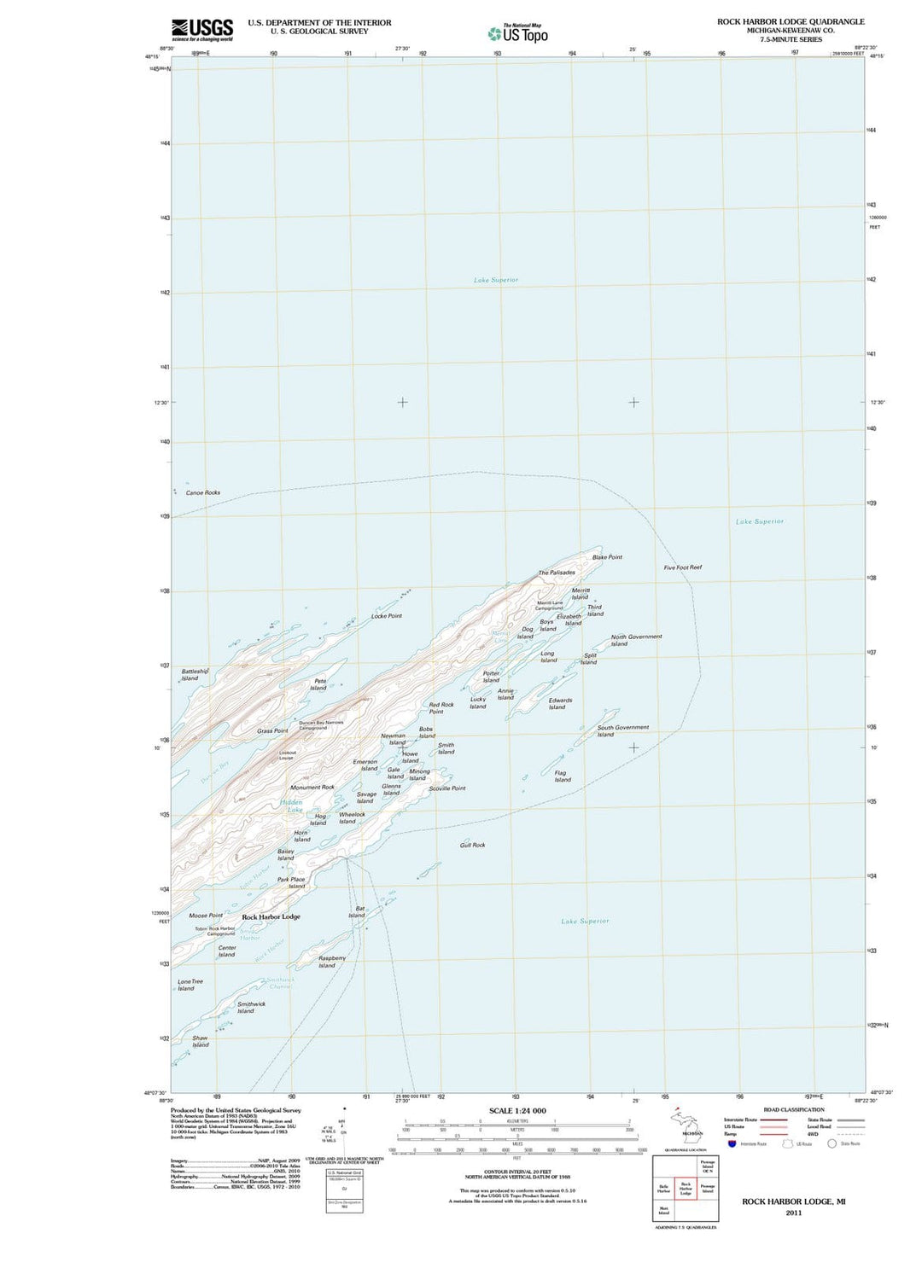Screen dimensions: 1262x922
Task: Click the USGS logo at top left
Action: [x=202, y=30]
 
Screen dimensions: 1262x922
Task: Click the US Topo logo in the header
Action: [x=518, y=33]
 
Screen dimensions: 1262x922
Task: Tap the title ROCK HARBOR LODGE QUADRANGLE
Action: [x=791, y=22]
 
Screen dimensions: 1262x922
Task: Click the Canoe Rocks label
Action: [x=203, y=493]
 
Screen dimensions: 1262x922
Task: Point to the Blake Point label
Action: [x=607, y=557]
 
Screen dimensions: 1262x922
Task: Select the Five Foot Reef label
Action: [x=683, y=567]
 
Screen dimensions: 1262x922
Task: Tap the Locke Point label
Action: [x=387, y=616]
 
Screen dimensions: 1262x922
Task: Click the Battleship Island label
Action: [x=194, y=675]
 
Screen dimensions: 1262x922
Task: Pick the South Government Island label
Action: [x=622, y=731]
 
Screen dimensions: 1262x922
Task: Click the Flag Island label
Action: [x=561, y=776]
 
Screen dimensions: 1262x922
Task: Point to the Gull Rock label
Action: [x=472, y=845]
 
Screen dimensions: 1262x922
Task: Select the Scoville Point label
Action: [x=447, y=788]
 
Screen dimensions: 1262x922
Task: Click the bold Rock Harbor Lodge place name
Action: [x=271, y=917]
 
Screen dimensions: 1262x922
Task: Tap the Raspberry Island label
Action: [x=331, y=962]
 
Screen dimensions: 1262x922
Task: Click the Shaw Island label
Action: [x=200, y=1042]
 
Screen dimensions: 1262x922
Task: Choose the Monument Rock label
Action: [x=312, y=788]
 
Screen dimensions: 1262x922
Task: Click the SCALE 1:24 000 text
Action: [x=517, y=1111]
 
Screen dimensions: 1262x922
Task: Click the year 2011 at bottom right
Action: [x=794, y=1213]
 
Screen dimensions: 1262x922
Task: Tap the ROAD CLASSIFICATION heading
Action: [x=794, y=1110]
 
